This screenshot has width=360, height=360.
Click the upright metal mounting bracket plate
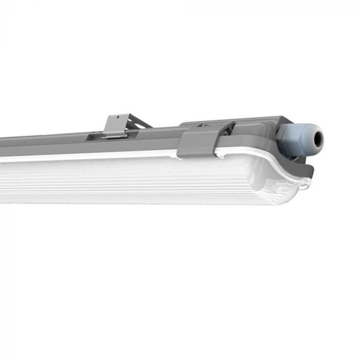(x=116, y=125)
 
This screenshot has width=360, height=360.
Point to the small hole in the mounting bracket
(x=117, y=118)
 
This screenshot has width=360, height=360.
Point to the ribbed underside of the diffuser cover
(x=129, y=183)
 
